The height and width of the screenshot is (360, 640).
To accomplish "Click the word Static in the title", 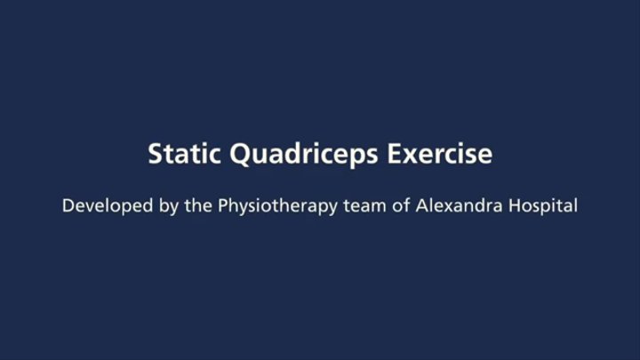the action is (185, 154).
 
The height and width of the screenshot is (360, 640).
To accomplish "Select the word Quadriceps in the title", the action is (304, 156).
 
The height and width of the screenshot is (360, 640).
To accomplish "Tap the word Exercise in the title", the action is (440, 154).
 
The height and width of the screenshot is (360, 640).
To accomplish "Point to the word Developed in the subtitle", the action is (108, 205).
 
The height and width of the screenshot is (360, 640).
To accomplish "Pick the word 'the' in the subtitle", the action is (198, 205).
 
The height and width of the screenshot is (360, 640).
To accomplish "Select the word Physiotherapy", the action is (277, 206).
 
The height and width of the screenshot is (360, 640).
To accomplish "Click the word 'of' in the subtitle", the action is (401, 205).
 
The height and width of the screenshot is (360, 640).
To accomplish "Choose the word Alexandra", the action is (460, 205).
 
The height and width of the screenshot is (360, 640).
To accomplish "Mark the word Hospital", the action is (543, 206).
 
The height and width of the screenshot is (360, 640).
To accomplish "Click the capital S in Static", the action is (156, 154).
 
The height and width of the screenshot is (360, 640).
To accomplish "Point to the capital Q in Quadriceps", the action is (241, 156).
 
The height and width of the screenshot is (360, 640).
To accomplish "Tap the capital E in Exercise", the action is (395, 154).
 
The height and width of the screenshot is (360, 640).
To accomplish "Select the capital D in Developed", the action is (68, 205).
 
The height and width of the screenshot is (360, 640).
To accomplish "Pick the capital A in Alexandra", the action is (422, 205).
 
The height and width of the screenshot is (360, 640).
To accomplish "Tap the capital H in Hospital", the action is (515, 205).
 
